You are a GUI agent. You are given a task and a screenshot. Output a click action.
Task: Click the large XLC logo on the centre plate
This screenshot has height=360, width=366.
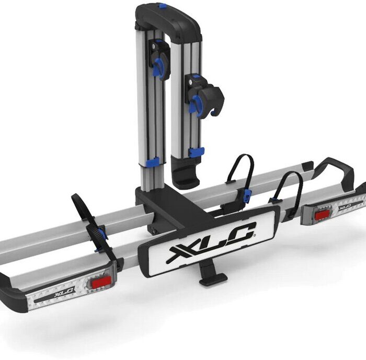coord(212,242)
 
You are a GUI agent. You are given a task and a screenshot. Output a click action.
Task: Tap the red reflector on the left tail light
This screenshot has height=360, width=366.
coord(101,282)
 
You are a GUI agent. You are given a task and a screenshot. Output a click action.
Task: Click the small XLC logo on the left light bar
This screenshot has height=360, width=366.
coord(65,293)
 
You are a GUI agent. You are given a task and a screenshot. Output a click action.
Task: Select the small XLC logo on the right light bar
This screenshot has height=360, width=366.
coord(345,206)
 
